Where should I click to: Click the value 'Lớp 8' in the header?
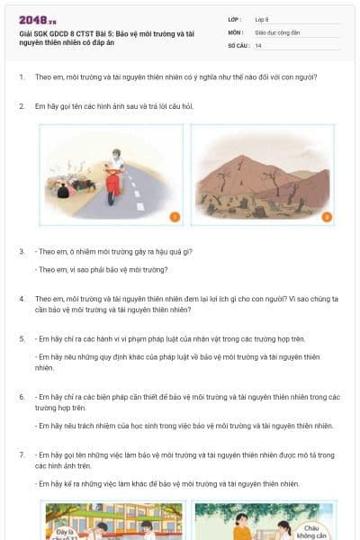pos(262,18)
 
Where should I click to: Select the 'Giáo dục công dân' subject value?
pos(275,31)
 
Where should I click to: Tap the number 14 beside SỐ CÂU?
pos(258,45)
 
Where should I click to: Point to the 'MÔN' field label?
pos(235,31)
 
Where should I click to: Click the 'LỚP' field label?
pos(235,18)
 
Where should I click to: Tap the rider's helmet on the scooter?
pos(114,153)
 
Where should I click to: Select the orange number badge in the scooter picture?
pos(175,216)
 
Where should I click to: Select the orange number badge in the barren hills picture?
pos(327,216)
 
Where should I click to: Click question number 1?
pos(22,76)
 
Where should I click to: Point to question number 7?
pos(22,455)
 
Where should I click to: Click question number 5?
pos(22,338)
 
